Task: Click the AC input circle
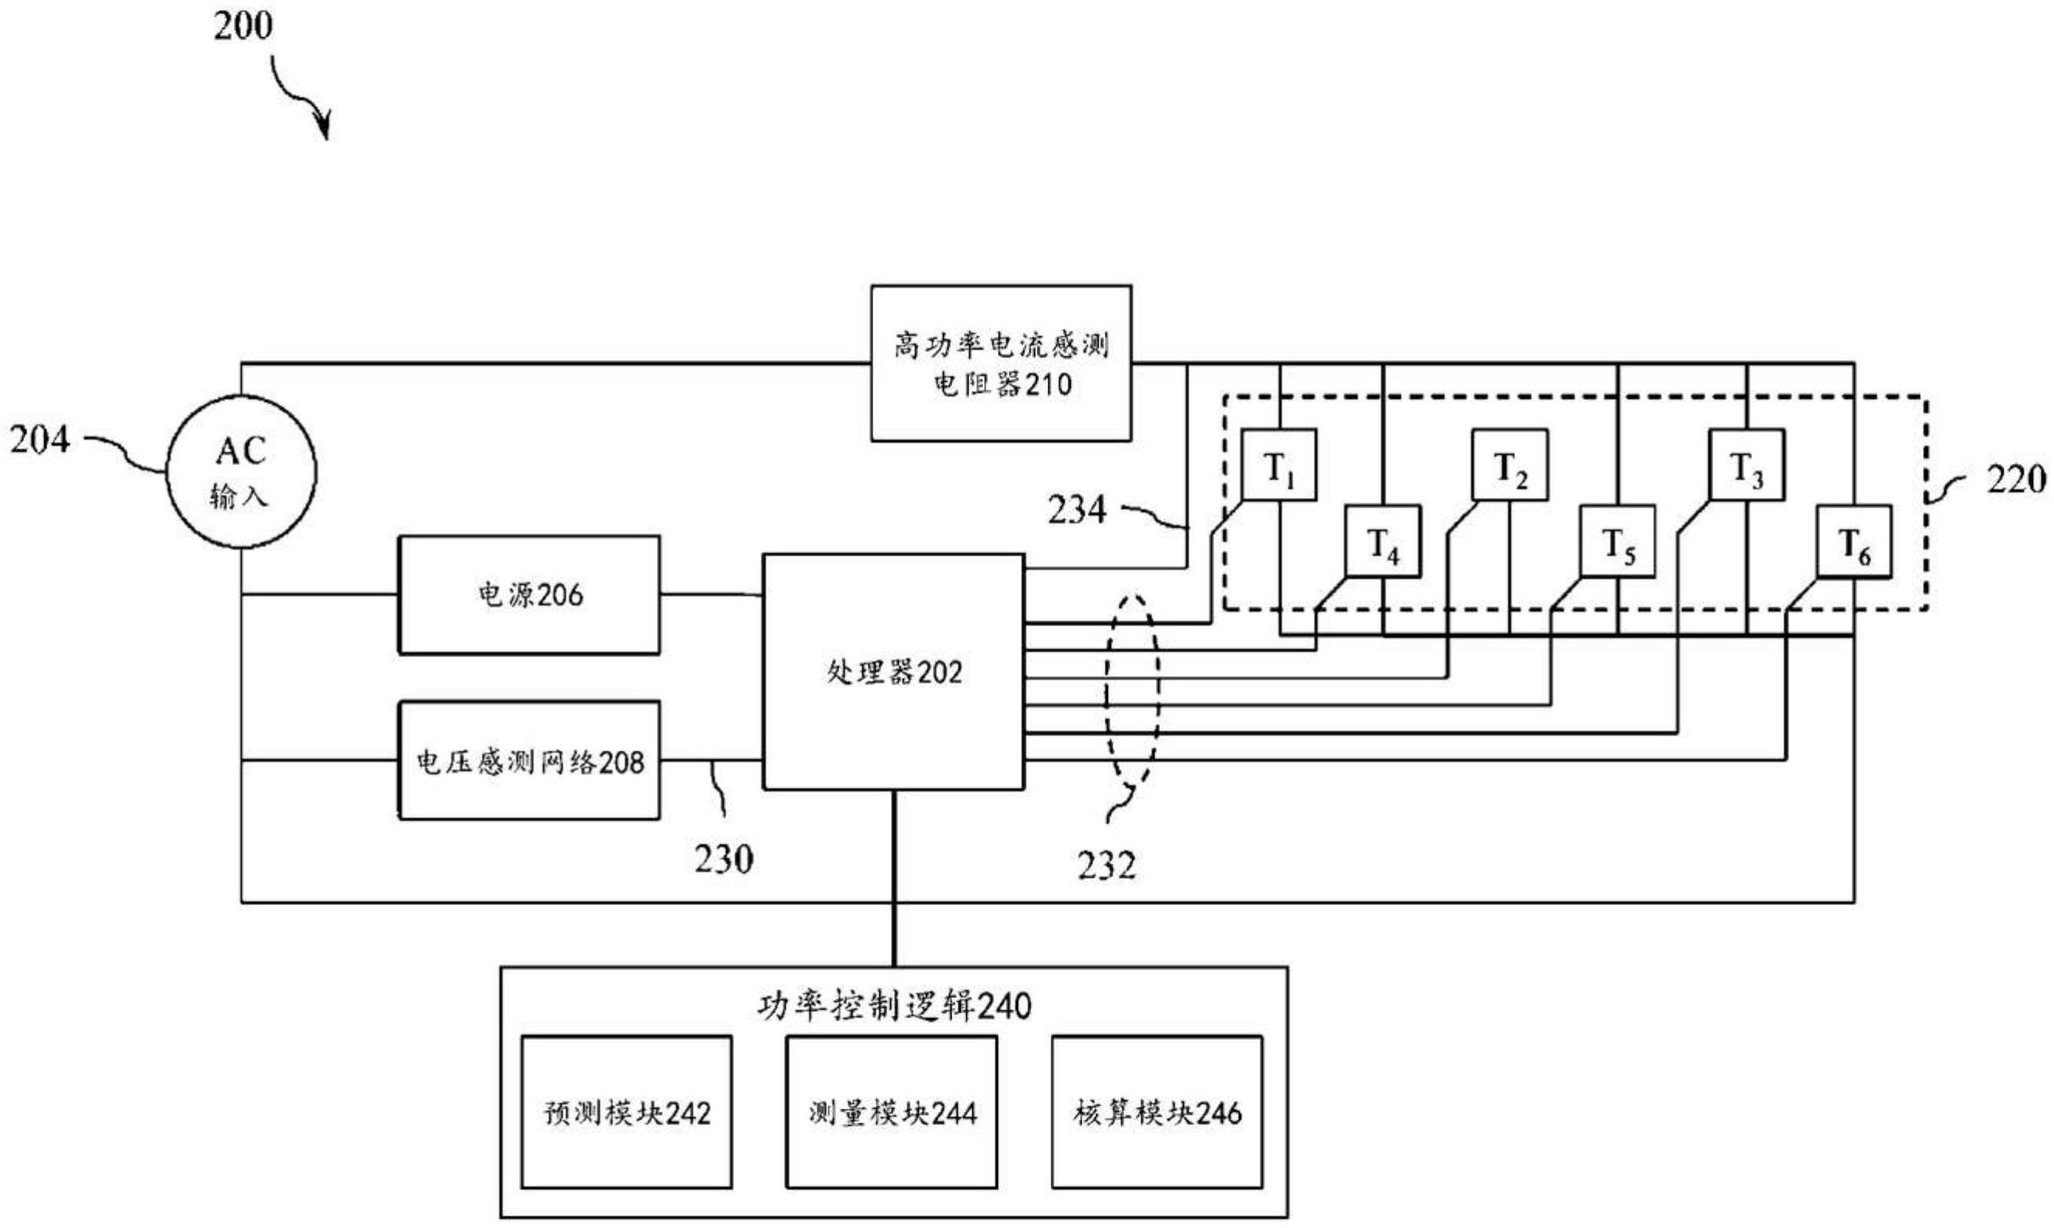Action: pos(241,472)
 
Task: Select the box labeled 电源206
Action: pos(530,595)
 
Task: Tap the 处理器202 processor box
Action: pos(893,672)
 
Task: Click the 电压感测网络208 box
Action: pos(530,761)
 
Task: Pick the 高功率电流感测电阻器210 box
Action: pos(1001,363)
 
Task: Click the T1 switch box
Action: pos(1279,466)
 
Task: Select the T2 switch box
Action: pos(1510,466)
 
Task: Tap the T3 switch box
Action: pos(1747,466)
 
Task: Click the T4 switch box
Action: pos(1382,542)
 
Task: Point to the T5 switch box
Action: pos(1617,542)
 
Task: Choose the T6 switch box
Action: pos(1853,542)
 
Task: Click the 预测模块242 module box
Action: pos(627,1113)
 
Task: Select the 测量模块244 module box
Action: pos(892,1113)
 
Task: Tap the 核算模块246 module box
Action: pos(1157,1113)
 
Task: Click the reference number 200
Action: pos(242,26)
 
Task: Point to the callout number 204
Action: pos(39,441)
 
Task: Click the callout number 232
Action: pos(1106,866)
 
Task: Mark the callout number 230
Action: pos(724,859)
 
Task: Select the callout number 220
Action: pos(2016,480)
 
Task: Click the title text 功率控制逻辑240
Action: pos(893,1007)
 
